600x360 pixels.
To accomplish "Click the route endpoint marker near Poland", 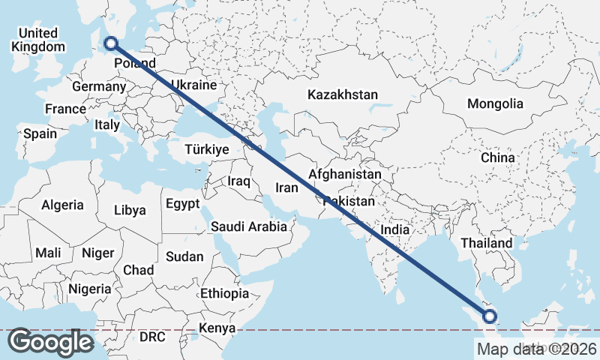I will click(111, 43).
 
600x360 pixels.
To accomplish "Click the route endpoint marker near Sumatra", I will click(490, 316).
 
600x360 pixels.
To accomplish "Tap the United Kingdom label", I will click(38, 40).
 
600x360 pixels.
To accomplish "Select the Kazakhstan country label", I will click(342, 95).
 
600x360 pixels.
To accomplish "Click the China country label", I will click(498, 157).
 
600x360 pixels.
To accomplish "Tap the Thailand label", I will click(487, 243).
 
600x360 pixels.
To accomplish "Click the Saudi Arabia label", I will click(248, 226).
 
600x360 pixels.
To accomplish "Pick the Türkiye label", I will click(205, 150).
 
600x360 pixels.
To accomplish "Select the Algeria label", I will click(62, 205).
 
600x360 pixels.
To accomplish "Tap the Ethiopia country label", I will click(224, 293).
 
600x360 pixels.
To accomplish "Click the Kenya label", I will click(217, 328).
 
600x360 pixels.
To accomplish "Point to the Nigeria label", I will click(89, 289).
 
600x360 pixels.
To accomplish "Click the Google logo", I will click(50, 342).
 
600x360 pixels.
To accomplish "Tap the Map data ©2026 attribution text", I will click(536, 348).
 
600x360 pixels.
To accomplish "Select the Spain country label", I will click(40, 133).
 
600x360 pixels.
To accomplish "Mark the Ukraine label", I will click(193, 85).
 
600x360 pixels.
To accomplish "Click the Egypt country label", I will click(182, 204).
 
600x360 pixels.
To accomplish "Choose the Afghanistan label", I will click(344, 174).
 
